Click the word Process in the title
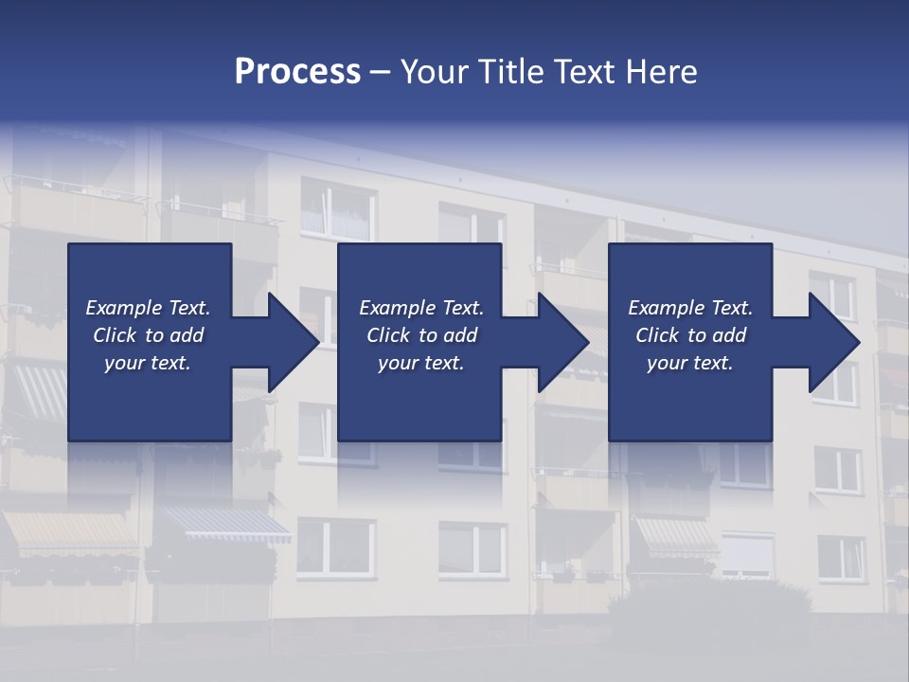[x=297, y=72]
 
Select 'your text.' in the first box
[x=148, y=363]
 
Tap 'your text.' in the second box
[x=420, y=363]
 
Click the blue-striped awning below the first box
[x=227, y=524]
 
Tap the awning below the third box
[x=676, y=534]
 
